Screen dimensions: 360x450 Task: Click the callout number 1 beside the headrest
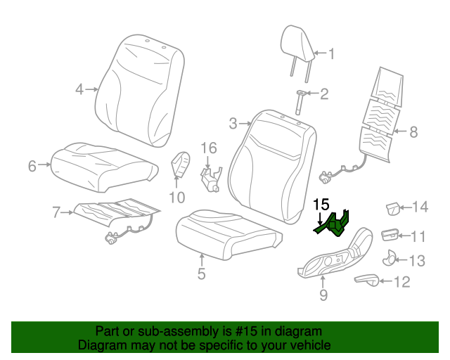[332, 53]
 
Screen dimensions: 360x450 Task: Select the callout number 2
[324, 94]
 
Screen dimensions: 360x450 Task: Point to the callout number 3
[233, 124]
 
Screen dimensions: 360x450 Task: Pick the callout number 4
[79, 89]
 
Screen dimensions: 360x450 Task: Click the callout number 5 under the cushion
[201, 274]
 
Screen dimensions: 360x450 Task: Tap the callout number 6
[32, 166]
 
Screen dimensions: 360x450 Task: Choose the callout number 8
[413, 131]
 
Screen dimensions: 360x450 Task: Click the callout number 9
[323, 295]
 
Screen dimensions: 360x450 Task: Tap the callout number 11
[418, 236]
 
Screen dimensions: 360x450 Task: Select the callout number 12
[401, 282]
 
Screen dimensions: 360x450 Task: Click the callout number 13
[417, 261]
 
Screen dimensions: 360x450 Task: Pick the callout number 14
[420, 206]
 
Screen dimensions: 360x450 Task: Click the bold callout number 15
[321, 205]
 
